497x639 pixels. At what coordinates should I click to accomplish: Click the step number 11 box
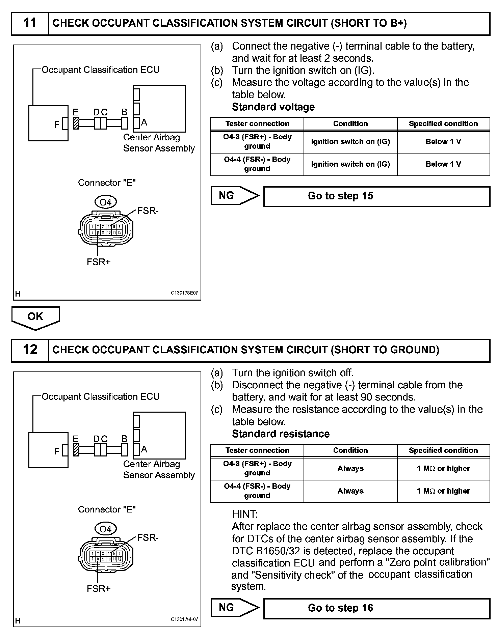(30, 23)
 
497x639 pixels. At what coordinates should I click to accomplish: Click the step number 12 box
(30, 350)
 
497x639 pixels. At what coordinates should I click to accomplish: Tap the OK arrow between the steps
(35, 317)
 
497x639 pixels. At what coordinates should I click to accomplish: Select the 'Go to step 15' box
(376, 196)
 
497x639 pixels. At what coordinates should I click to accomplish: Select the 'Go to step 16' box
(376, 608)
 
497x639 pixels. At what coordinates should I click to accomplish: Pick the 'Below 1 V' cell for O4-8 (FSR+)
(443, 142)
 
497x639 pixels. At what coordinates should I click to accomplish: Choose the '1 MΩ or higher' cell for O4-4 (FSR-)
(443, 491)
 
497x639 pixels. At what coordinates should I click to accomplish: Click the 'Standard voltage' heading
(273, 107)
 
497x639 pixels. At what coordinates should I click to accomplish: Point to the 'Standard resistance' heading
(281, 434)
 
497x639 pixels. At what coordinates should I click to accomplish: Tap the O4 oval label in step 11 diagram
(105, 202)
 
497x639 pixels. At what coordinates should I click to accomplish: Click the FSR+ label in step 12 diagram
(99, 589)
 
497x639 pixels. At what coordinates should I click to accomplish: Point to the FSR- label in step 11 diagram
(148, 211)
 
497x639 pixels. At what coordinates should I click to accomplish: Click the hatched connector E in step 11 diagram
(76, 123)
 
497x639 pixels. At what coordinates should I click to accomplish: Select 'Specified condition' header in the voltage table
(443, 123)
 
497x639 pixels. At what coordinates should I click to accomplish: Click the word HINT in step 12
(244, 514)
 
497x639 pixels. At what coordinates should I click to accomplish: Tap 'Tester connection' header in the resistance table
(257, 450)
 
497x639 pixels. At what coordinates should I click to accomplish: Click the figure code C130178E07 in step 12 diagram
(184, 619)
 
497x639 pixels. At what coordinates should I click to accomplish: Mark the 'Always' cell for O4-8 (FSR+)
(350, 468)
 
